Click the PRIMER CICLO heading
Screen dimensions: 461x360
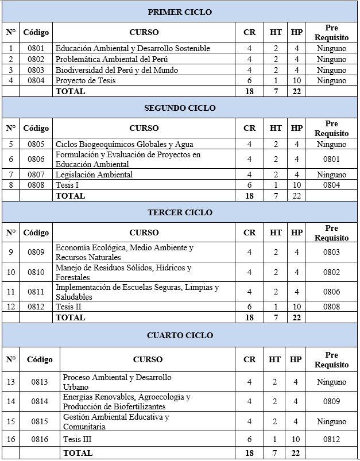tap(180, 12)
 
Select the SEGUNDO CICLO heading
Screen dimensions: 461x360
tap(180, 108)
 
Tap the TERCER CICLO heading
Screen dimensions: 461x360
tap(180, 212)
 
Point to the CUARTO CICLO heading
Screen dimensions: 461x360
tap(180, 335)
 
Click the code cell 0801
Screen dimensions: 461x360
tap(36, 49)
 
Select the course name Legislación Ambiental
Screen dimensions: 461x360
tap(94, 175)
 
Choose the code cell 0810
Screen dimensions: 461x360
tap(36, 272)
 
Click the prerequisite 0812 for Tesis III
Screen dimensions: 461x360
tap(331, 439)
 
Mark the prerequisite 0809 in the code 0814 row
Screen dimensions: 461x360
tap(331, 401)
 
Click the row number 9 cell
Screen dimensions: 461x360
tap(10, 252)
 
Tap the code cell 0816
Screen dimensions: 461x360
tap(39, 439)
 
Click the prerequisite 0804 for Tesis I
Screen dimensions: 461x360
tap(331, 185)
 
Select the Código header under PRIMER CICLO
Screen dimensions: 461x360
tap(36, 32)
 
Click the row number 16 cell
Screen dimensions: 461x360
tap(11, 439)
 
